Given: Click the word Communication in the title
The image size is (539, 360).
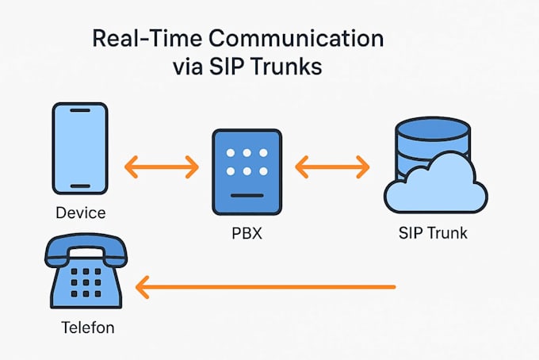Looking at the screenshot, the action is pyautogui.click(x=296, y=39).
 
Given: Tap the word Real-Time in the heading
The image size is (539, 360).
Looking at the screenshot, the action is pyautogui.click(x=147, y=39).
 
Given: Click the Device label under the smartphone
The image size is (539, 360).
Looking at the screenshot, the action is pyautogui.click(x=81, y=213).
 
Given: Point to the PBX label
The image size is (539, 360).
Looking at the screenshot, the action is pyautogui.click(x=247, y=233).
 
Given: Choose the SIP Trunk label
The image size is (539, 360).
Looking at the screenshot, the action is pyautogui.click(x=433, y=233).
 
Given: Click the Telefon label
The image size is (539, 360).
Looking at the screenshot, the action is pyautogui.click(x=88, y=327).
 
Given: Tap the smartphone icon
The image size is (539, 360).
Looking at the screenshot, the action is pyautogui.click(x=80, y=148).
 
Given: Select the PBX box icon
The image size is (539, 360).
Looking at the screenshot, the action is pyautogui.click(x=247, y=172).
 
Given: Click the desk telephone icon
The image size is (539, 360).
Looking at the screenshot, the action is pyautogui.click(x=86, y=271).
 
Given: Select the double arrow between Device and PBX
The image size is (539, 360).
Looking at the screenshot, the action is pyautogui.click(x=162, y=167).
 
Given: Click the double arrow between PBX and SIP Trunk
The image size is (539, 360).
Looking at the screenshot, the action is pyautogui.click(x=332, y=167).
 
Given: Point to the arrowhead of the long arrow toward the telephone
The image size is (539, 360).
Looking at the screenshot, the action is pyautogui.click(x=137, y=287).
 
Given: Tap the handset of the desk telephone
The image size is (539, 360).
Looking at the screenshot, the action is pyautogui.click(x=86, y=250).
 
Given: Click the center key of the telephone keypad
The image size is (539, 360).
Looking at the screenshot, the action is pyautogui.click(x=86, y=282).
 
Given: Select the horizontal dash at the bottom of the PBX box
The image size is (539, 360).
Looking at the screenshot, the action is pyautogui.click(x=247, y=196).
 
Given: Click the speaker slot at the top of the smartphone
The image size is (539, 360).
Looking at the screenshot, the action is pyautogui.click(x=80, y=110).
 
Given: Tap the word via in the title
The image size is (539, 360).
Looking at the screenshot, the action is pyautogui.click(x=188, y=67).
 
